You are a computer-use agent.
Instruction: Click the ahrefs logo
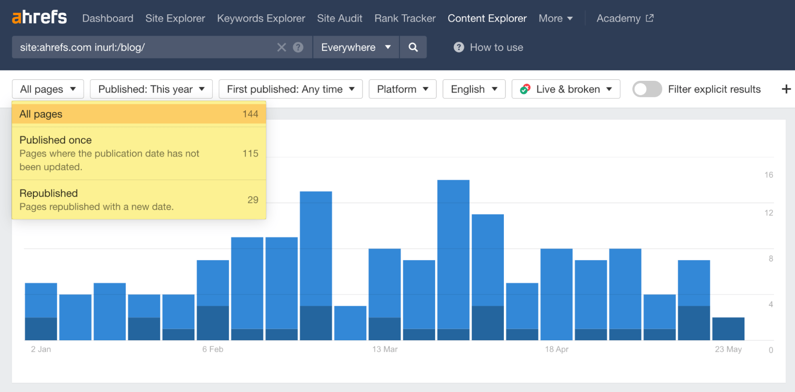(x=39, y=18)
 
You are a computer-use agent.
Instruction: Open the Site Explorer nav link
(x=175, y=18)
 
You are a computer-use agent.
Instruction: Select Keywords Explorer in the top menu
(x=261, y=18)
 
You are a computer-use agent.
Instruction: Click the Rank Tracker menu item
(x=405, y=18)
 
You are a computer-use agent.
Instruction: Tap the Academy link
(x=625, y=18)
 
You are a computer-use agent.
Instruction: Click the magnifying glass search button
(x=413, y=47)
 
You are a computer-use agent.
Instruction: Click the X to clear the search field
(x=282, y=47)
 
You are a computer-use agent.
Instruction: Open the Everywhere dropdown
(x=356, y=47)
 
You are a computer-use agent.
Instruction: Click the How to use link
(x=488, y=47)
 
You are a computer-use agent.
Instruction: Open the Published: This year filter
(x=151, y=89)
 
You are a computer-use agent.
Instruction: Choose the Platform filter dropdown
(x=402, y=89)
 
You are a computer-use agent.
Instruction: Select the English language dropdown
(x=474, y=89)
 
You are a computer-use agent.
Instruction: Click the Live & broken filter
(x=566, y=89)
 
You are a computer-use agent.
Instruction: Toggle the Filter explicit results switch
(x=647, y=89)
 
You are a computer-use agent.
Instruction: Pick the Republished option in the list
(x=139, y=200)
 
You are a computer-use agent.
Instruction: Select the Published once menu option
(x=139, y=153)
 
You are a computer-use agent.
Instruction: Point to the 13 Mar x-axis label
(x=385, y=349)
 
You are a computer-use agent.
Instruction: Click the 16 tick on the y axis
(x=769, y=175)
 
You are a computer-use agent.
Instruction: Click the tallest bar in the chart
(x=453, y=260)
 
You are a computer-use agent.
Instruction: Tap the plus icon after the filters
(x=786, y=89)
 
